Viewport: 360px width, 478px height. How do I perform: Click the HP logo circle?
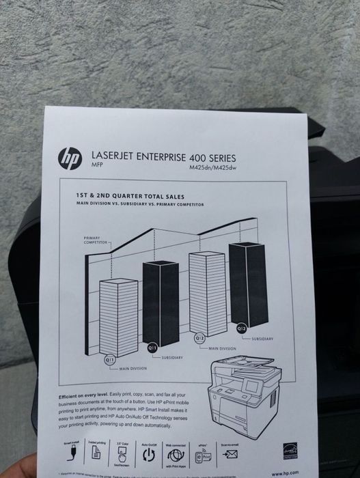(69, 158)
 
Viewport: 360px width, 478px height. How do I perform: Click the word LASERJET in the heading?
(116, 155)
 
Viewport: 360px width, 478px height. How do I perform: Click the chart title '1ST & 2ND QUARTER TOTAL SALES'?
(132, 195)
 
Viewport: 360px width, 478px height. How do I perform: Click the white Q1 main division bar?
(118, 315)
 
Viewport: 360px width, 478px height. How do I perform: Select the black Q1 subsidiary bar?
(160, 301)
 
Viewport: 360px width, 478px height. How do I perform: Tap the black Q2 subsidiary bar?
(247, 283)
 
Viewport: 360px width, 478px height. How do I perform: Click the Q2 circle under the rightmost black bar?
(241, 328)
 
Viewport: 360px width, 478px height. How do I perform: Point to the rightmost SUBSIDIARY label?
(262, 339)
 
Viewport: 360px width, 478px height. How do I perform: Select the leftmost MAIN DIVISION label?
(134, 369)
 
